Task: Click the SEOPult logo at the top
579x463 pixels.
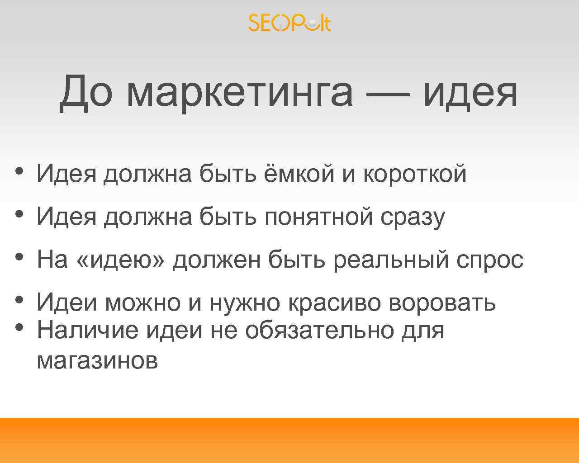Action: (x=289, y=23)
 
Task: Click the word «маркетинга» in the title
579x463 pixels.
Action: (x=239, y=93)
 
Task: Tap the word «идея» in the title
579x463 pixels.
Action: (x=470, y=93)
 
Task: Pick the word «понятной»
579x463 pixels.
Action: (x=319, y=217)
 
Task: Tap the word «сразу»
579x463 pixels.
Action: (x=412, y=217)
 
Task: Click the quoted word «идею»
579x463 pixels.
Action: (x=121, y=260)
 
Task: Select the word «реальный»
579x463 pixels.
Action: (x=392, y=260)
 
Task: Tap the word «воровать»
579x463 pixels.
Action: (x=442, y=302)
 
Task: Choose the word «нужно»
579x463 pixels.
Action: (x=244, y=303)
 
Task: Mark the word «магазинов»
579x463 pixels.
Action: (x=97, y=361)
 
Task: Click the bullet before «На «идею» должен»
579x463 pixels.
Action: (x=19, y=256)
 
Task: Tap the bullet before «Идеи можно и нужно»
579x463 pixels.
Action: (x=19, y=299)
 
